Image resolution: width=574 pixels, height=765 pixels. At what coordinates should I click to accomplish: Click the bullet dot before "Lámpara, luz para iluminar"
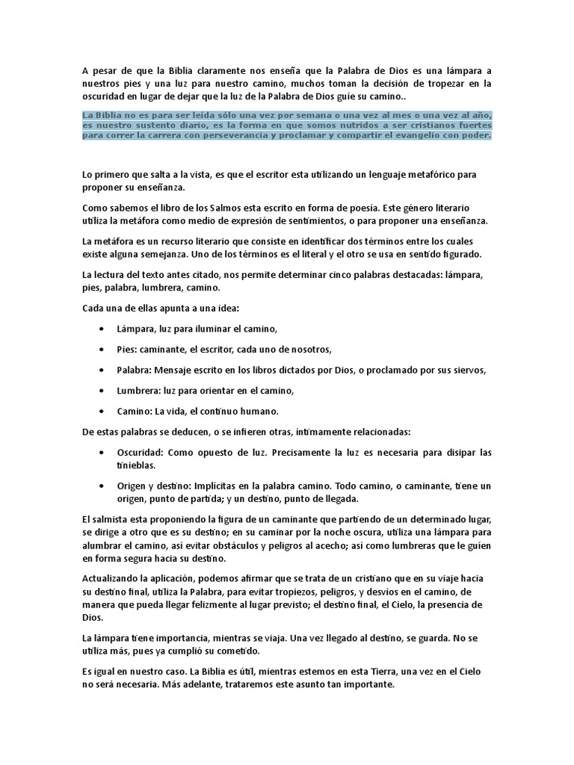coord(102,329)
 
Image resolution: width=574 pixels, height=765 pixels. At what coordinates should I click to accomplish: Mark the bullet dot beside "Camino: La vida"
coord(102,411)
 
